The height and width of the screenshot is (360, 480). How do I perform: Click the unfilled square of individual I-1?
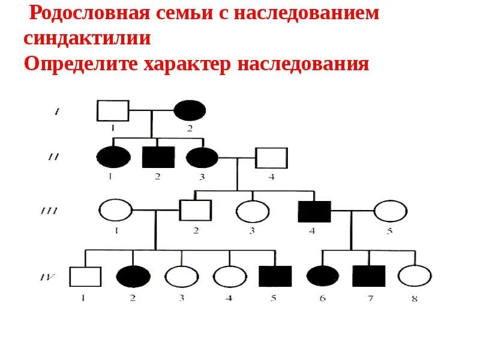point(113,110)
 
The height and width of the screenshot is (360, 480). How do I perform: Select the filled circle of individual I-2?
point(190,110)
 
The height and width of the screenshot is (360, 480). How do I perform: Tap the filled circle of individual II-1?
point(113,157)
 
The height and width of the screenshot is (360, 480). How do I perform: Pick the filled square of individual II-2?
point(158,157)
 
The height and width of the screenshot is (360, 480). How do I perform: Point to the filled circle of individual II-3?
point(202,157)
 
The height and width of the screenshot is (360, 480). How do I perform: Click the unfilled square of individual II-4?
point(272,158)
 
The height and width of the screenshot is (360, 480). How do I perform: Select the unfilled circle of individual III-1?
point(115,211)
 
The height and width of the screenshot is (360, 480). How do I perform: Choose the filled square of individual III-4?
point(314,211)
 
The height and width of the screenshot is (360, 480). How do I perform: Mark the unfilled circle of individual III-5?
point(391,211)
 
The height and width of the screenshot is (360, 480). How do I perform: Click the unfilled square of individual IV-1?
point(85,277)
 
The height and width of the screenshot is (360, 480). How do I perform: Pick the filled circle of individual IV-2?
point(133,277)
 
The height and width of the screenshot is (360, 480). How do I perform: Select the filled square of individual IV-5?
point(275,277)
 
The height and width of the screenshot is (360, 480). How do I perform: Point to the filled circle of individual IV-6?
point(323,277)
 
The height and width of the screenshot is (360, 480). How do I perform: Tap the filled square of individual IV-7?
point(368,277)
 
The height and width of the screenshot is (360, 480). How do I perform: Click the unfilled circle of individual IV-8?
point(415,277)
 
